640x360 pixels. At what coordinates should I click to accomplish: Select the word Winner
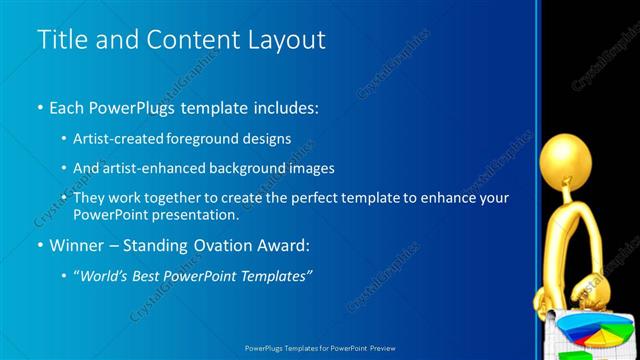(76, 245)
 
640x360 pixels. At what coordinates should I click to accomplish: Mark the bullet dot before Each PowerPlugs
(39, 107)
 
